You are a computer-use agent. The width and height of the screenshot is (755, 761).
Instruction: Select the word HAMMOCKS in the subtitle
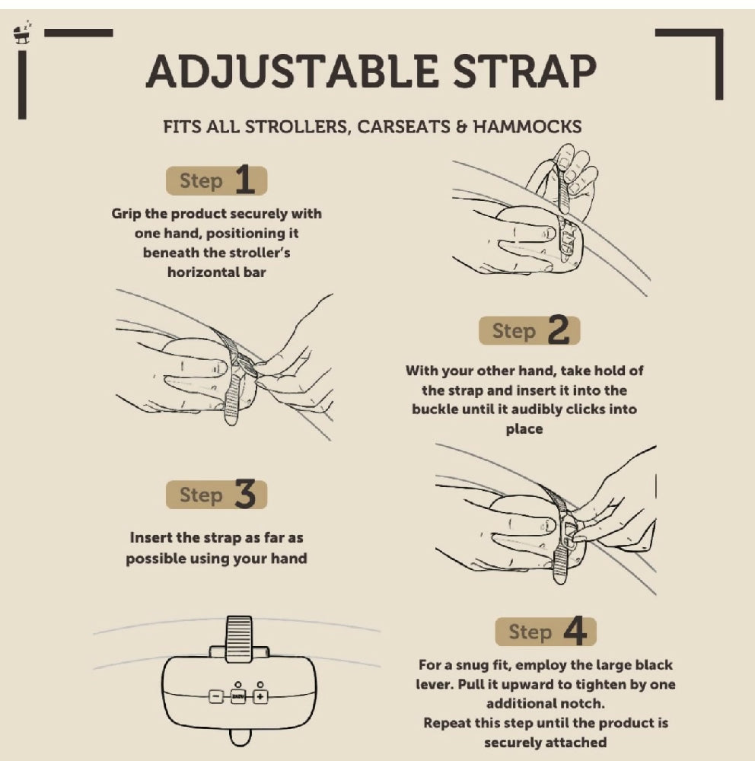[x=527, y=126]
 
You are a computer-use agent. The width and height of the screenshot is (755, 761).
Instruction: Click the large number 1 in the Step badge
[x=245, y=180]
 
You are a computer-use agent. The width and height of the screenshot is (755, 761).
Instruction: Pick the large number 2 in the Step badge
[x=559, y=330]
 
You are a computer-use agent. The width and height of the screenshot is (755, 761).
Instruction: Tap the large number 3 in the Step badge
[x=245, y=494]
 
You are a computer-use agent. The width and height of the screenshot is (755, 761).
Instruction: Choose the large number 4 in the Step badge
[x=575, y=631]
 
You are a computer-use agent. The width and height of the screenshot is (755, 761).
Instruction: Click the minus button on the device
[x=216, y=696]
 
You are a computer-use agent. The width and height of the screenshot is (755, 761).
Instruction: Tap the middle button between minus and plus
[x=238, y=696]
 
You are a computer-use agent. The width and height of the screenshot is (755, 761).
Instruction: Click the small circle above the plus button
[x=260, y=684]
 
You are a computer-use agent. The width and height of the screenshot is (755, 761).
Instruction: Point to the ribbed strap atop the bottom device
[x=239, y=638]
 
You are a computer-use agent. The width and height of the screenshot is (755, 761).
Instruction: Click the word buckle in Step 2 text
[x=435, y=409]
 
